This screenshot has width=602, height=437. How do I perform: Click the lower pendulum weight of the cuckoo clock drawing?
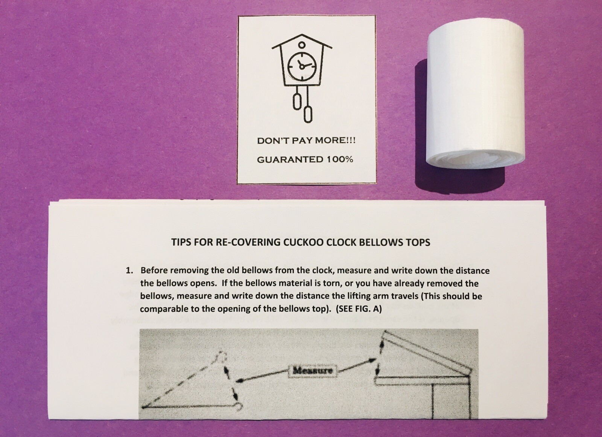(308, 115)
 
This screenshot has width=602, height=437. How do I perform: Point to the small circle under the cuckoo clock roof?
(301, 45)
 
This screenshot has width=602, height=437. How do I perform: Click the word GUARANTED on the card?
(290, 160)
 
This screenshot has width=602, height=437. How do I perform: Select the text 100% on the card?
(340, 159)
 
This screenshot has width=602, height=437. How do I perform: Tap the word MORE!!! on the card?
(335, 141)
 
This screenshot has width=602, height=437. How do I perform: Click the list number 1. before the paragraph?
(129, 271)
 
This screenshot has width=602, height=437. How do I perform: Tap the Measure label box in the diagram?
(313, 371)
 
